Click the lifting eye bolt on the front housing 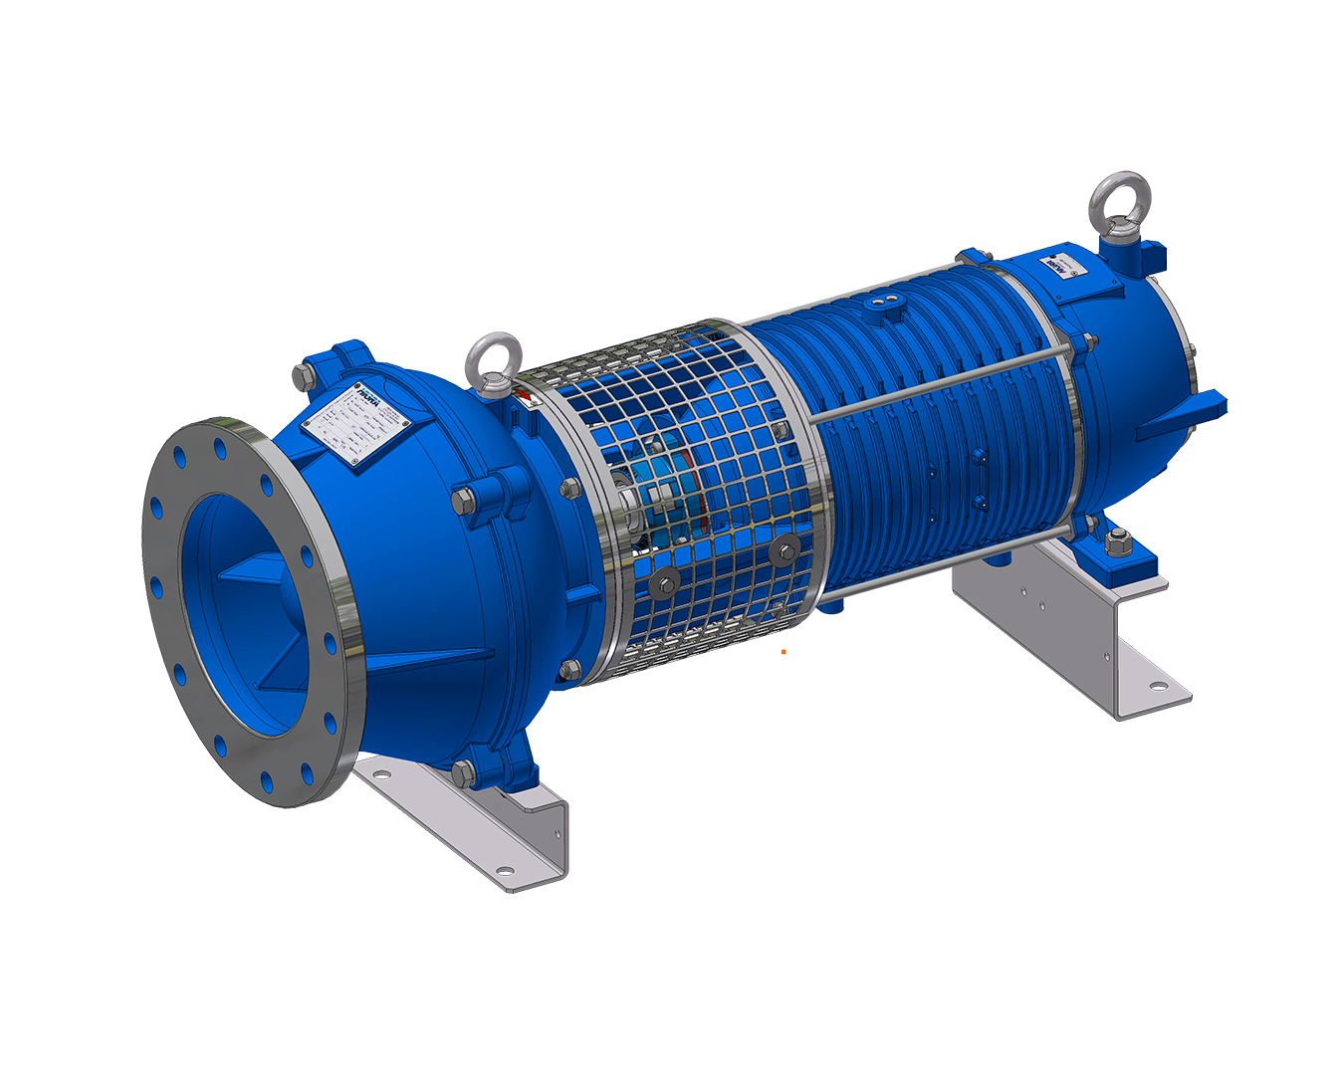coord(490,360)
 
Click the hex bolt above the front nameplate coord(302,376)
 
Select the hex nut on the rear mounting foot coord(1117,542)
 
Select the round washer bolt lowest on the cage coord(662,584)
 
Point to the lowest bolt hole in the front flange coord(267,778)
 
